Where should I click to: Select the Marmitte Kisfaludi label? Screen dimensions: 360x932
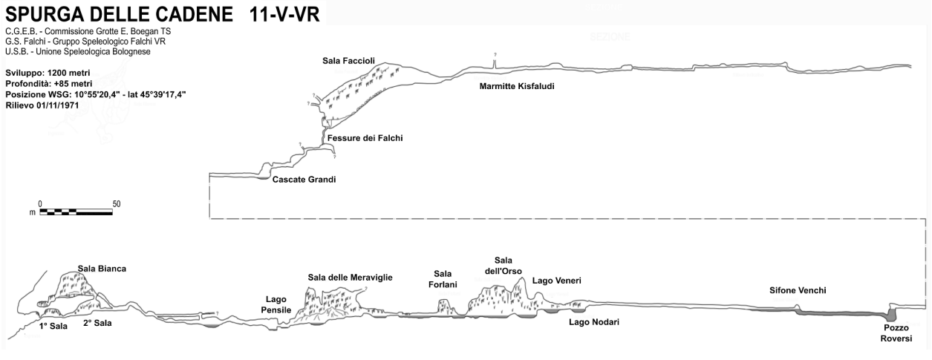point(517,86)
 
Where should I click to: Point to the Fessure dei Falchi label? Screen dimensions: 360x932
point(365,138)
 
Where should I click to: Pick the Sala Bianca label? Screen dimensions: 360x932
point(102,268)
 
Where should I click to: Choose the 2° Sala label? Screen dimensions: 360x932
point(97,324)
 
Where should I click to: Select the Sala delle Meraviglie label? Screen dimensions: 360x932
point(350,278)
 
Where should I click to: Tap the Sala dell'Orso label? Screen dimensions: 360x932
point(504,265)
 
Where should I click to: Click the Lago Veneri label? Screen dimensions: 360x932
point(556,281)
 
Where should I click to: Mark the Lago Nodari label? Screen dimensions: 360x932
point(593,322)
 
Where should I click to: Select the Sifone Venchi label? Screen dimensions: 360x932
point(798,290)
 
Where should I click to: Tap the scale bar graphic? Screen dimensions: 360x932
point(76,212)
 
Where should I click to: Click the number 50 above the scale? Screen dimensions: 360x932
point(116,203)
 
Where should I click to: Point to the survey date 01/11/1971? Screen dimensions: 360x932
point(56,105)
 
